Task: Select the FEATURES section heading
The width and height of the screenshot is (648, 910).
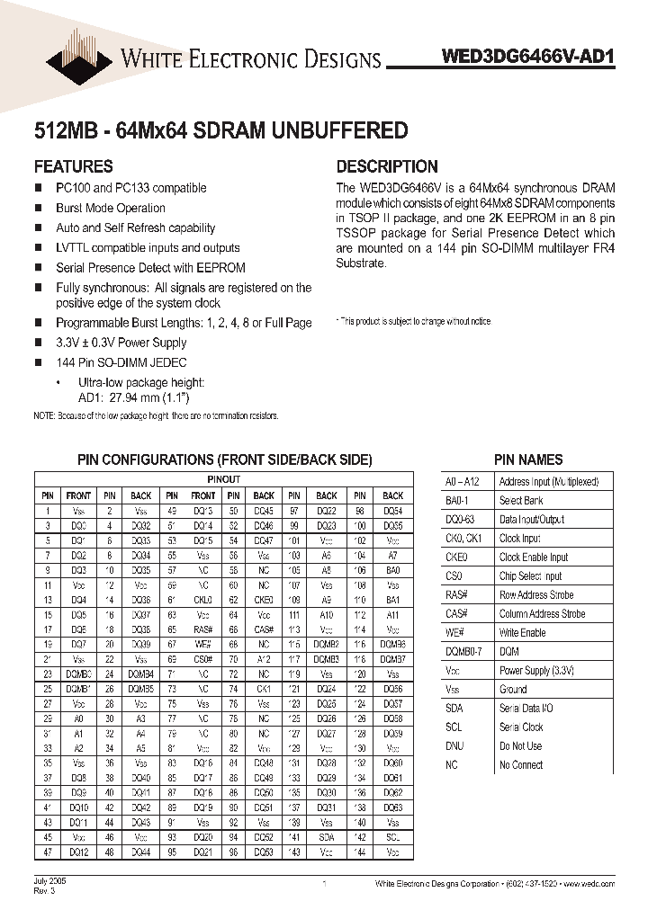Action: (x=73, y=166)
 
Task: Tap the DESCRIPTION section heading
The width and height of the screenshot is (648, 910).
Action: (x=387, y=166)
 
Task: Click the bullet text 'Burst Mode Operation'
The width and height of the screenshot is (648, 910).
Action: (x=110, y=208)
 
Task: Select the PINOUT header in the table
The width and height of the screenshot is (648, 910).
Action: (x=223, y=480)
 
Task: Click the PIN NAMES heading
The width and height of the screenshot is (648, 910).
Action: (x=528, y=459)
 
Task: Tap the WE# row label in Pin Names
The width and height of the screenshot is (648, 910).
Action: (x=454, y=633)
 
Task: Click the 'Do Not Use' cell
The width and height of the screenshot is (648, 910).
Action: (x=520, y=746)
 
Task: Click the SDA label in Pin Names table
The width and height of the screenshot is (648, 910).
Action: (x=454, y=709)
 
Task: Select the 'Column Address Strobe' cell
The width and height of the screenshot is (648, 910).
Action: (x=542, y=614)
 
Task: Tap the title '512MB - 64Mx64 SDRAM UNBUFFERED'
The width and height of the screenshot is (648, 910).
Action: (x=220, y=131)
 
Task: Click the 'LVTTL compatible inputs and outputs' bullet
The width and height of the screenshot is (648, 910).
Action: (x=148, y=247)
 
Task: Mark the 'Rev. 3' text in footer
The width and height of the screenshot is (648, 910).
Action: (x=44, y=891)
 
